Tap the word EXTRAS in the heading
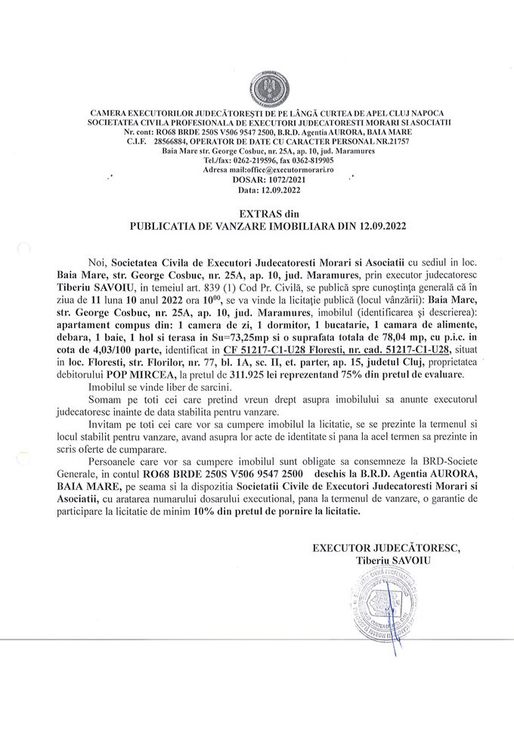click(x=250, y=214)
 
